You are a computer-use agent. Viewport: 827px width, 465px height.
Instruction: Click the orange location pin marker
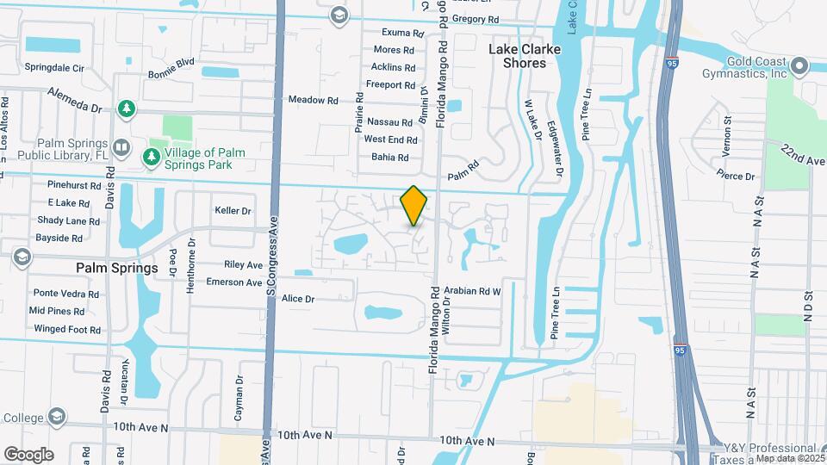coord(414,205)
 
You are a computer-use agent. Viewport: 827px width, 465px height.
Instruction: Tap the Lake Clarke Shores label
coord(524,56)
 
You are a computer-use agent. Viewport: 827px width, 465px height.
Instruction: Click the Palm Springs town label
coord(117,268)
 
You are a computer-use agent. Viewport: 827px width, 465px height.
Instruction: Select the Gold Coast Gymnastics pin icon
coord(799,65)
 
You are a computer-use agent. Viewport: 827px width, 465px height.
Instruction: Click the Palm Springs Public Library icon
coord(121,149)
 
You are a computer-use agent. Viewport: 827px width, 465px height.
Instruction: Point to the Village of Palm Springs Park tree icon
coord(152,156)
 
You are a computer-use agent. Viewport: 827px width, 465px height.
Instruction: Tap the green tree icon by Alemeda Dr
coord(127,108)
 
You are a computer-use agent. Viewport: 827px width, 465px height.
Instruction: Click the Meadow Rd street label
coord(313,100)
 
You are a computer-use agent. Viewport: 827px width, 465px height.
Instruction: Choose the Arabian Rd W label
coord(472,291)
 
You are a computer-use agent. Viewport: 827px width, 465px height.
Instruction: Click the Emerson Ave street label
coord(233,282)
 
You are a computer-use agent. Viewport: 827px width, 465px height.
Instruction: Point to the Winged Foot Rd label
coord(67,329)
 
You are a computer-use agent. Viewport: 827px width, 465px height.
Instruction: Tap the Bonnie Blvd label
coord(171,66)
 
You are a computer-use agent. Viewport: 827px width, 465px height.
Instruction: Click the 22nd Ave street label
coord(803,155)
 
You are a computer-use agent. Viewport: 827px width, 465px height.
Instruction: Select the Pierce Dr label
coord(736,177)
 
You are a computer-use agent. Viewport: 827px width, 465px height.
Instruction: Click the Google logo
coord(28,454)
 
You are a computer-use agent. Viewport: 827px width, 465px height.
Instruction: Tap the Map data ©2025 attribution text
coord(789,458)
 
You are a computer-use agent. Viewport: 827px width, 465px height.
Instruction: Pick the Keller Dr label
coord(233,210)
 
